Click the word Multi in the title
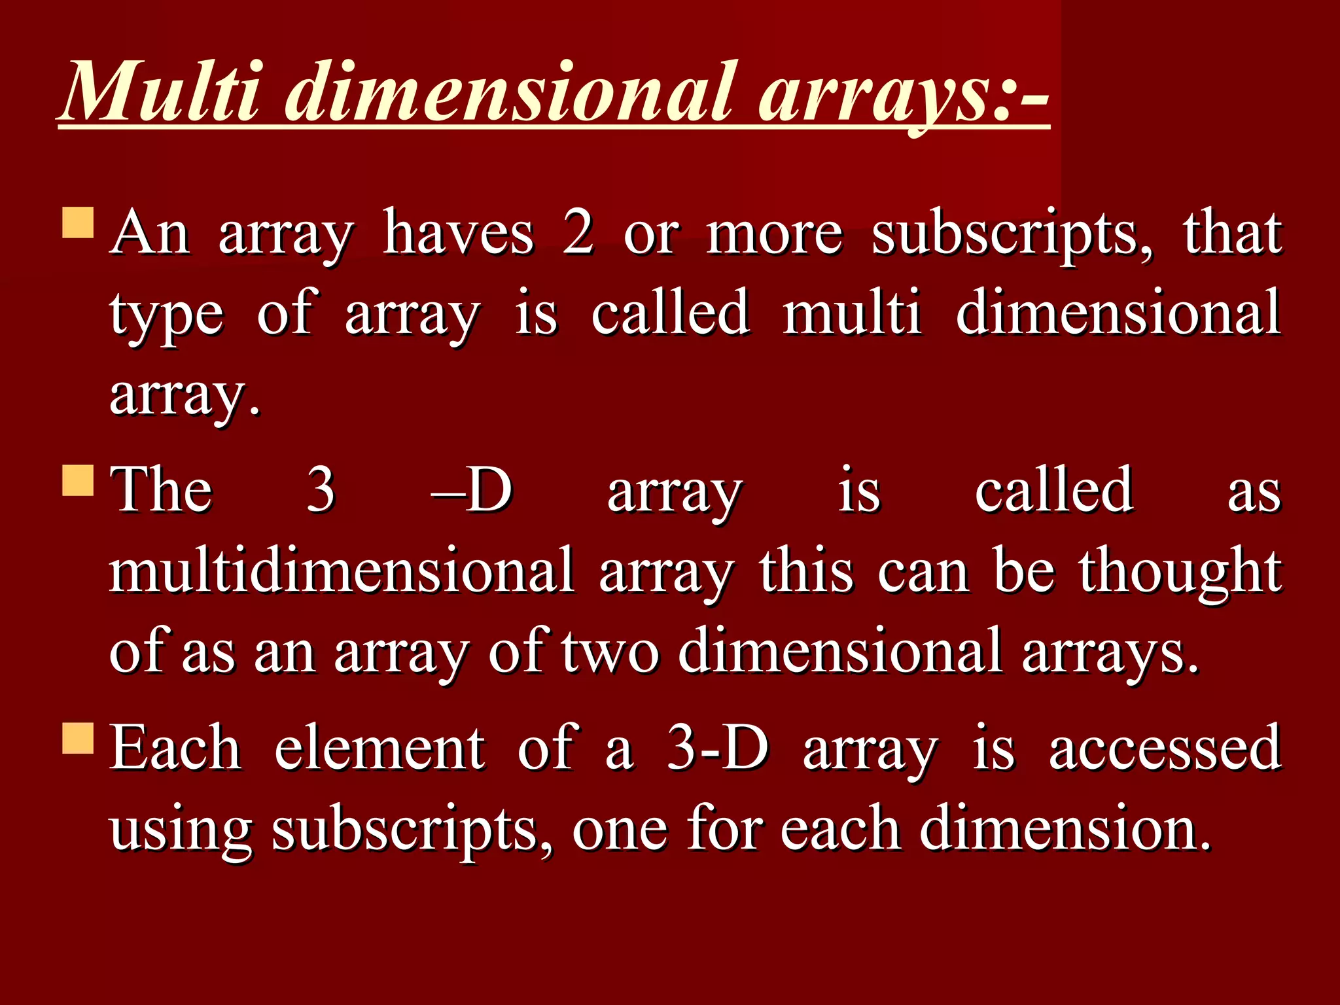[x=163, y=92]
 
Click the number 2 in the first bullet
[x=578, y=233]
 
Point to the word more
[x=774, y=234]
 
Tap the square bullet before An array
[x=79, y=222]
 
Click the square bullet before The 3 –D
[x=79, y=480]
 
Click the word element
[x=379, y=749]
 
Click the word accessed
[x=1165, y=749]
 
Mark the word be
[x=1024, y=571]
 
